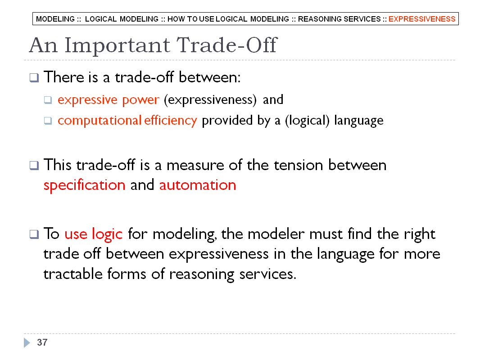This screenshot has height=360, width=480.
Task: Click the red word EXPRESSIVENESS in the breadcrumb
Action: pos(422,19)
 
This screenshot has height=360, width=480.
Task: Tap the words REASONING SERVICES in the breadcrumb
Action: pos(339,19)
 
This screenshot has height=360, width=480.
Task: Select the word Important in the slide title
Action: pos(117,45)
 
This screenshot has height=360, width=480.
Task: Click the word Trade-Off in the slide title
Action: pos(227,45)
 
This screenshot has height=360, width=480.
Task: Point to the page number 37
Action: pos(42,342)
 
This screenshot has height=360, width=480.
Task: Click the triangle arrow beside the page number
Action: pos(27,342)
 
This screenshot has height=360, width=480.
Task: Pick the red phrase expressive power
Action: pos(109,100)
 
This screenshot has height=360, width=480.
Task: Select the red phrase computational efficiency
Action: pos(127,121)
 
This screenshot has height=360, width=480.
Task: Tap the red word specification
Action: pos(84,185)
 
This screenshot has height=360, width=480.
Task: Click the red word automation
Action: pos(198,185)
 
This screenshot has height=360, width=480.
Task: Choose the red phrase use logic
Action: pos(93,234)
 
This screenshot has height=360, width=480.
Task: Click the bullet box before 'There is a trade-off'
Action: pos(34,78)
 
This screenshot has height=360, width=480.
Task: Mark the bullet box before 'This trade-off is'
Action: pos(34,166)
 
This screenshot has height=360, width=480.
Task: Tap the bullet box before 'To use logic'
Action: pos(34,234)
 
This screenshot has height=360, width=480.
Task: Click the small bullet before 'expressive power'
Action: pos(48,100)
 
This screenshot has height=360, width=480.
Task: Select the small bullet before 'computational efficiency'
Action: pos(48,121)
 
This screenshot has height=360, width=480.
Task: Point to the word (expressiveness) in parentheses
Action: pos(210,100)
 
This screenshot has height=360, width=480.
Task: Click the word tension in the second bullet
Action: pos(299,166)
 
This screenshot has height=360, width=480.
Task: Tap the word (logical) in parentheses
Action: pos(307,121)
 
